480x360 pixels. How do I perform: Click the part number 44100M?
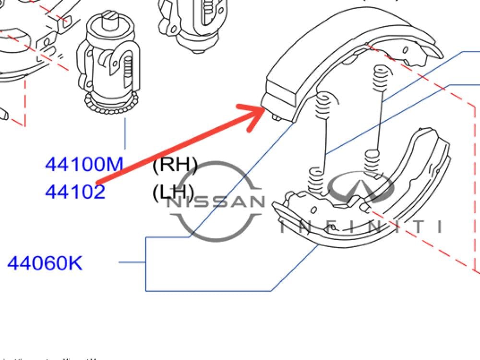click(x=84, y=165)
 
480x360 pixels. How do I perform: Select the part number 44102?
click(x=75, y=192)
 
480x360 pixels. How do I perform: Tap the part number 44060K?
click(x=45, y=263)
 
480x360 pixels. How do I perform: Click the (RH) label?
click(x=175, y=165)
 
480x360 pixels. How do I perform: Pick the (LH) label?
click(x=173, y=192)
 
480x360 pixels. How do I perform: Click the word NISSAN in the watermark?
click(x=216, y=202)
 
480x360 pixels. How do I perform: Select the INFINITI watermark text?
click(x=360, y=226)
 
